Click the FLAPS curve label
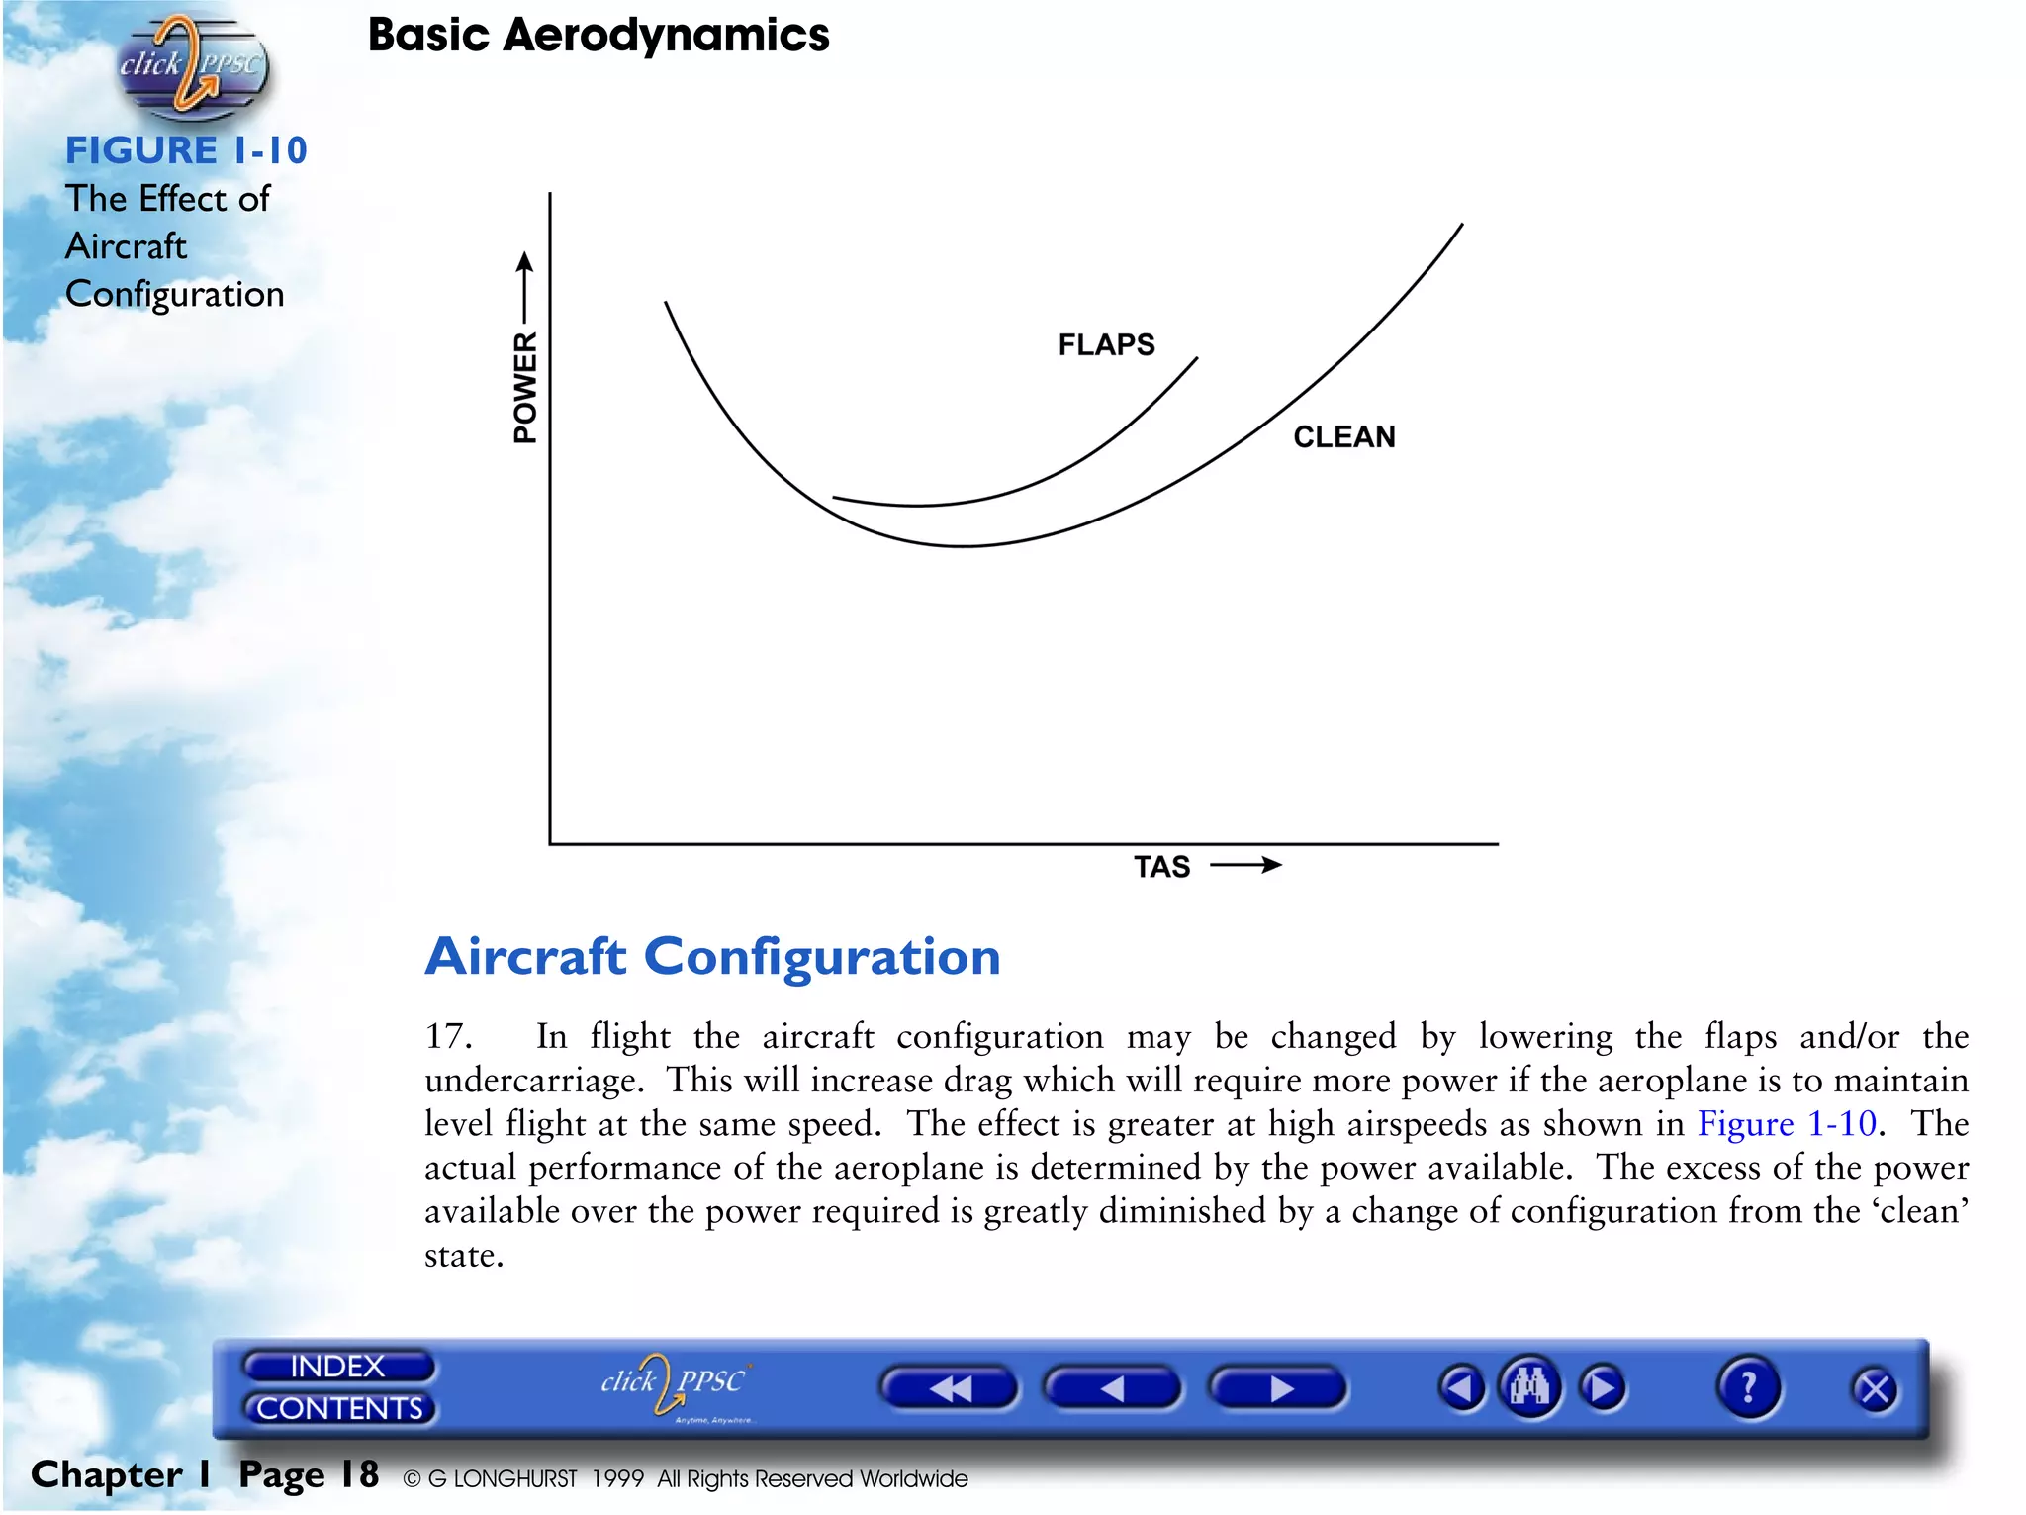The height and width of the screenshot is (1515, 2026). pos(1106,344)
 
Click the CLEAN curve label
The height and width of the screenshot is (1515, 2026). pos(1343,436)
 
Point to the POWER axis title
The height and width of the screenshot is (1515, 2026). pos(525,387)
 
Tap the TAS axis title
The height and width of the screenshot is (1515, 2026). pos(1161,867)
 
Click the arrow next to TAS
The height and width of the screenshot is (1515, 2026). pos(1245,865)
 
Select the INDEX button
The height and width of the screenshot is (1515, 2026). pos(337,1366)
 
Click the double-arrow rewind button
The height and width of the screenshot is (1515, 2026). pos(949,1388)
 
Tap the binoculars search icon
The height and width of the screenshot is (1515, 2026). pos(1529,1387)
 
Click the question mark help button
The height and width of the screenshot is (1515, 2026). pos(1748,1387)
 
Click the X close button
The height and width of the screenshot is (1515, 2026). pos(1875,1389)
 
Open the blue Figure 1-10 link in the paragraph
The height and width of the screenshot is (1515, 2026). pos(1786,1123)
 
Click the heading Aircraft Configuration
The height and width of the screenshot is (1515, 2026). pos(712,957)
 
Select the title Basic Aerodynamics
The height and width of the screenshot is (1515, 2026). pos(599,36)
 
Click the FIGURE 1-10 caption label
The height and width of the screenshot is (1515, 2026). pos(186,150)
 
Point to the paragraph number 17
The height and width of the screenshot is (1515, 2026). pos(447,1036)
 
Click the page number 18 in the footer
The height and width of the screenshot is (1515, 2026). pos(359,1474)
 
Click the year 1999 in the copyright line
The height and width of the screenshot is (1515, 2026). pos(617,1478)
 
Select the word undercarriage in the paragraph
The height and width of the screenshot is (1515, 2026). pos(533,1080)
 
